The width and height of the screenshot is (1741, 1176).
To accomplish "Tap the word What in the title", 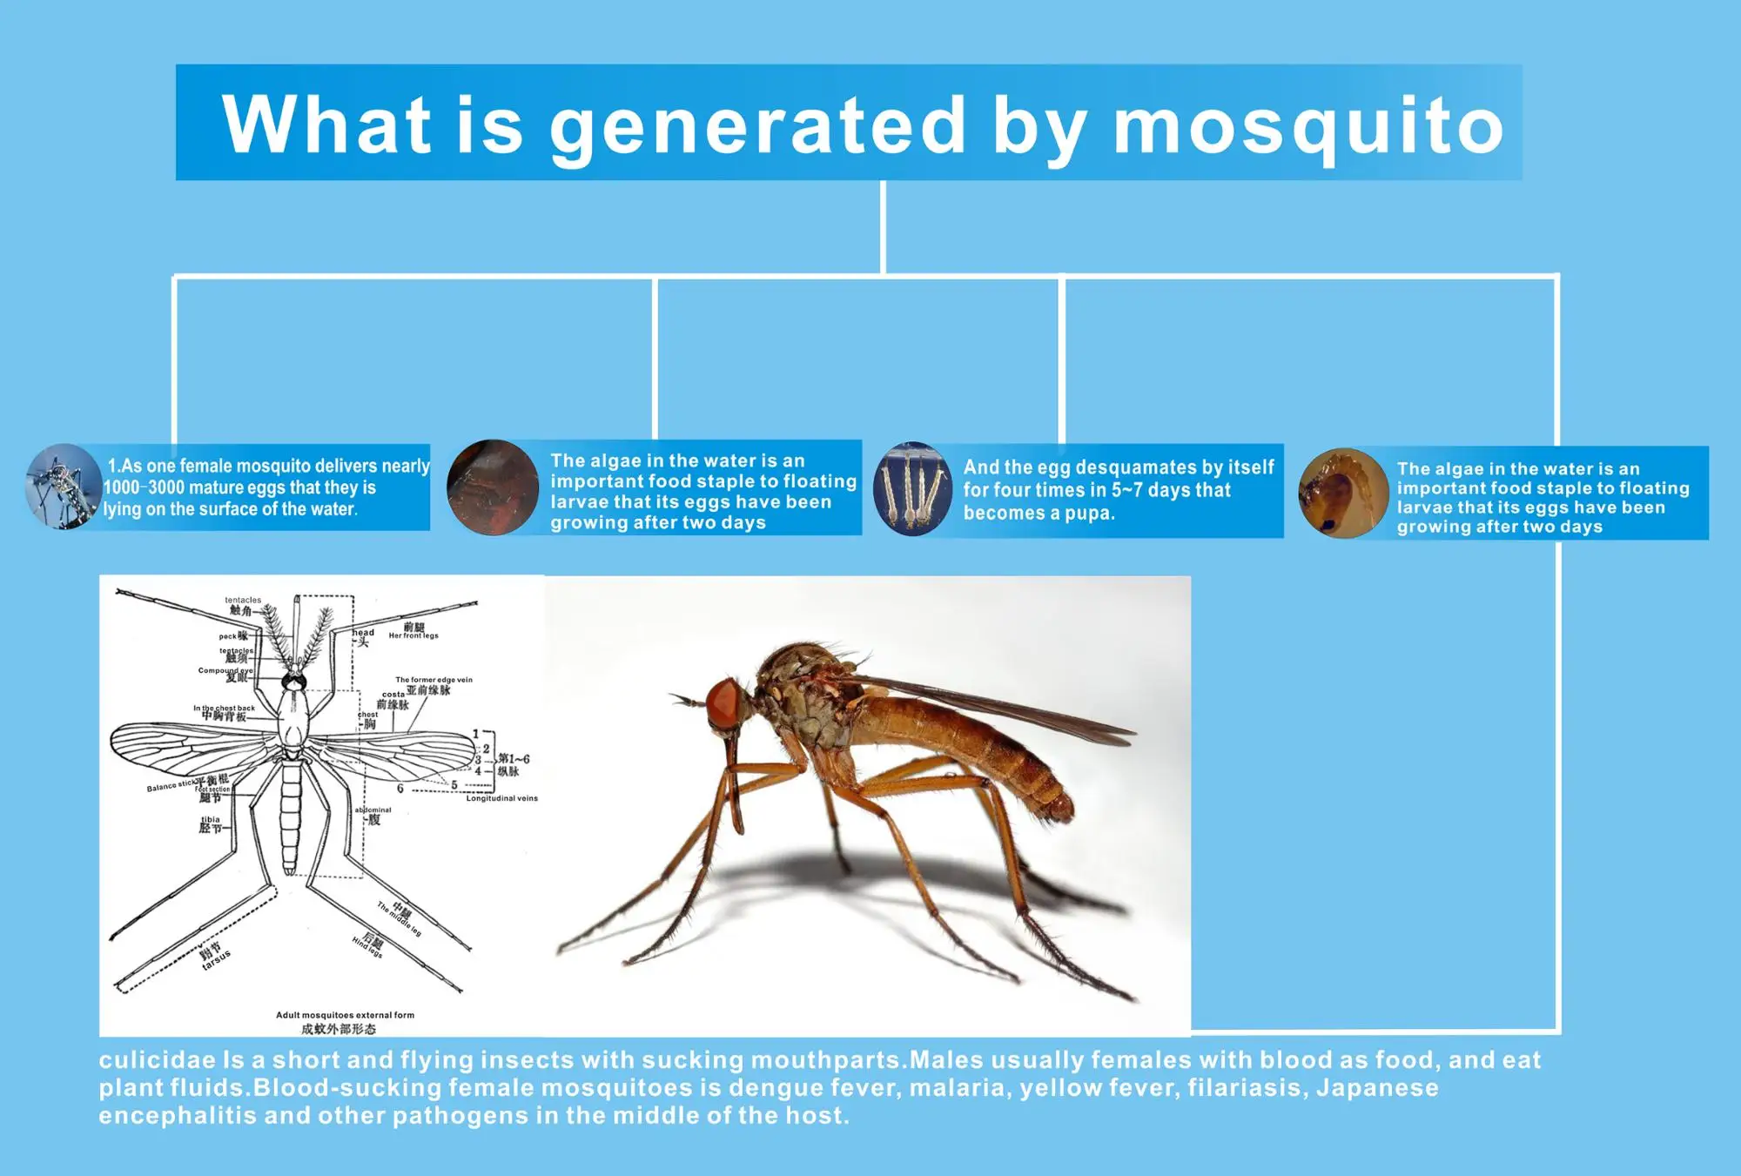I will point(326,124).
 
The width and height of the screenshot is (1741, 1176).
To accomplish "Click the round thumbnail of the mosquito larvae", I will point(912,489).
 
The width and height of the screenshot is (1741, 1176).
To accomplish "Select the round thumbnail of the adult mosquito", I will point(63,487).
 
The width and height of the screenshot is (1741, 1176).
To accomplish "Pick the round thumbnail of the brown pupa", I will point(1342,494).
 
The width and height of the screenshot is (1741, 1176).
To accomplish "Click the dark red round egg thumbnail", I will point(492,487).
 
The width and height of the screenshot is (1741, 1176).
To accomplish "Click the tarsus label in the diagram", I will point(216,959).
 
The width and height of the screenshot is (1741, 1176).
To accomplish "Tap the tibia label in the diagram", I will point(211,820).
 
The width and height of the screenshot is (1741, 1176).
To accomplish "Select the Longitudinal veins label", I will point(501,798).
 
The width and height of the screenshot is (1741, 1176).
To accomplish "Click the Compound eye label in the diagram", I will point(225,670).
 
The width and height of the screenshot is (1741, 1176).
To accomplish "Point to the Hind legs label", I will point(367,947).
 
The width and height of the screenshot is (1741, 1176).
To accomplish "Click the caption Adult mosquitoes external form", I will point(345,1015).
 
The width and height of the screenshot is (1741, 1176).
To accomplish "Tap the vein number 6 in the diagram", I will point(400,789).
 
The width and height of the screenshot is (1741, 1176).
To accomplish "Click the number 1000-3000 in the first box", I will point(142,488).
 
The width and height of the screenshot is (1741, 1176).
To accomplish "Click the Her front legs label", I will point(413,635).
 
